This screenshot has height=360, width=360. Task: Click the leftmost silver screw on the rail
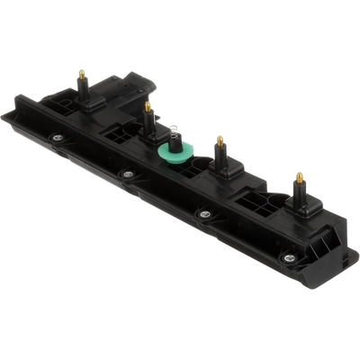click(57, 138)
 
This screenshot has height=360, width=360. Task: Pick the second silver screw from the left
click(128, 174)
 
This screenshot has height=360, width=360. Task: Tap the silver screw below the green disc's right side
click(205, 214)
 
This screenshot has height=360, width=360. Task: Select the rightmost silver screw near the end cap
click(288, 257)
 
